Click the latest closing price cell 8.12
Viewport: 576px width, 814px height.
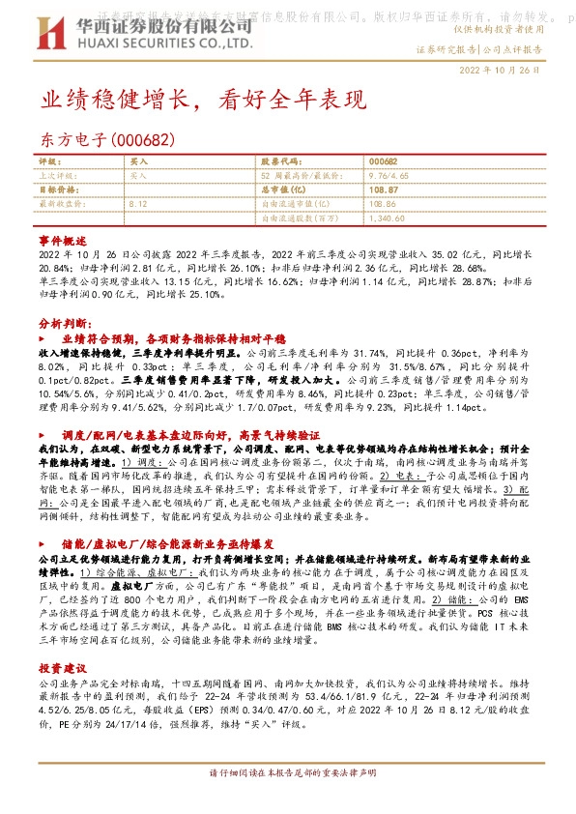tap(138, 205)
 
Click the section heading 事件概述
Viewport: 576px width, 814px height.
tap(63, 239)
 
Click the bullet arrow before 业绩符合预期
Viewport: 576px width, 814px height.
tap(42, 340)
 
